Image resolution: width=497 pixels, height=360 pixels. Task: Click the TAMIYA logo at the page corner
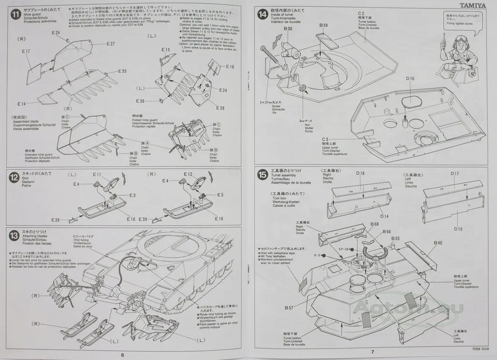[473, 6]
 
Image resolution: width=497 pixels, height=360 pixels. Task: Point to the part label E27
[111, 44]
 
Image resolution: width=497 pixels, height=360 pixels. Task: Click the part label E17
[25, 51]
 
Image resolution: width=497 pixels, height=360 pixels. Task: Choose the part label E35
[122, 71]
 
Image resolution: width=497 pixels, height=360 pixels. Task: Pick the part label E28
[220, 108]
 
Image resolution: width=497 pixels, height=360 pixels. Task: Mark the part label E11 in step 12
[97, 174]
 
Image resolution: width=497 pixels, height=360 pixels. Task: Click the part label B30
[288, 28]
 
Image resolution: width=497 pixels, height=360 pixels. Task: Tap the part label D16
[410, 79]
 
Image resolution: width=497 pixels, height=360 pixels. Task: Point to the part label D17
[455, 173]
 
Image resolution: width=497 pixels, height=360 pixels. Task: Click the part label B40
[438, 243]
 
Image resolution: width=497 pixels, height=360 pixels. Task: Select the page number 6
[122, 355]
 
